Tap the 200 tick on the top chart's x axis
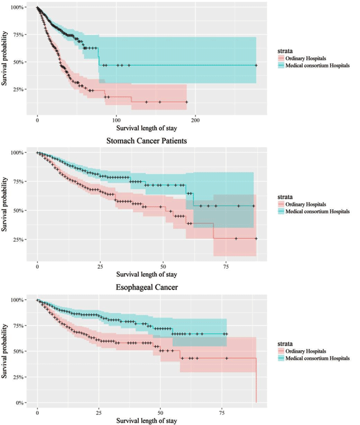[196, 120]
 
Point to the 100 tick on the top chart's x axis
[116, 120]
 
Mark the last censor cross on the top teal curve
[256, 66]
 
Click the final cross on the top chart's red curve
[186, 102]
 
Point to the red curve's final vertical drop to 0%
[256, 382]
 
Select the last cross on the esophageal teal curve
[226, 334]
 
